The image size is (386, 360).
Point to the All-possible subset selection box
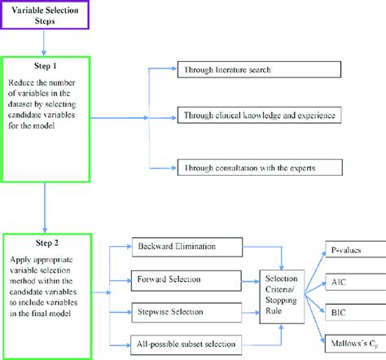pyautogui.click(x=184, y=342)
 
